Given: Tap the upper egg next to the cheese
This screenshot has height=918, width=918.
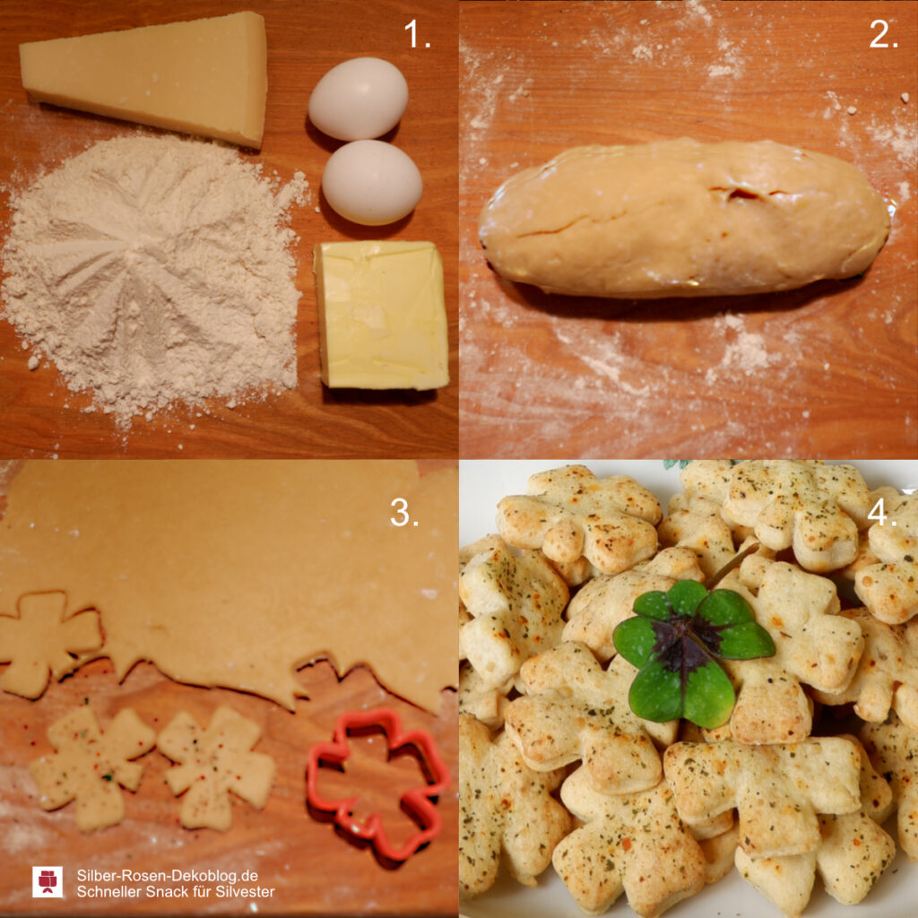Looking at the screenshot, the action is (358, 99).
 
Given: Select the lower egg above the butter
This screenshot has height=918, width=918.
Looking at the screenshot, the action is (372, 182).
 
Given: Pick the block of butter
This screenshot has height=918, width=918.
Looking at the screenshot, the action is (382, 315).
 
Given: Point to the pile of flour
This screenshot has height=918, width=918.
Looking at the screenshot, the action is (152, 275).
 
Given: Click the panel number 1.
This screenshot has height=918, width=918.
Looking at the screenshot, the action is (417, 35).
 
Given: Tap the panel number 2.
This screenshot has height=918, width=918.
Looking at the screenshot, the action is (883, 35).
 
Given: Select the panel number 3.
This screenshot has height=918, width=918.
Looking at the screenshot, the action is (404, 513).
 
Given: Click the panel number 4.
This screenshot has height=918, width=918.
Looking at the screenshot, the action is (882, 513).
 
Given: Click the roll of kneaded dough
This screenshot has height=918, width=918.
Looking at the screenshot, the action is (685, 218).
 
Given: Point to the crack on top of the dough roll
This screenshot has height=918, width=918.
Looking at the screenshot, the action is (739, 194).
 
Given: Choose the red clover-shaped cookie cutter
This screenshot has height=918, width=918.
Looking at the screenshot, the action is (377, 783).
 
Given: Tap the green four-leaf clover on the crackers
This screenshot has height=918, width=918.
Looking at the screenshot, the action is (694, 650).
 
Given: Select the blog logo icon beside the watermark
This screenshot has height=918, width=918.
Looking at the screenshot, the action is (48, 882).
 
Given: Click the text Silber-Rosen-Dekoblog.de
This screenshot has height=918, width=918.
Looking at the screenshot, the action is (168, 876).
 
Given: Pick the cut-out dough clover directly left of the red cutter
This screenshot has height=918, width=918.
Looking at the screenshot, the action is (215, 767).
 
